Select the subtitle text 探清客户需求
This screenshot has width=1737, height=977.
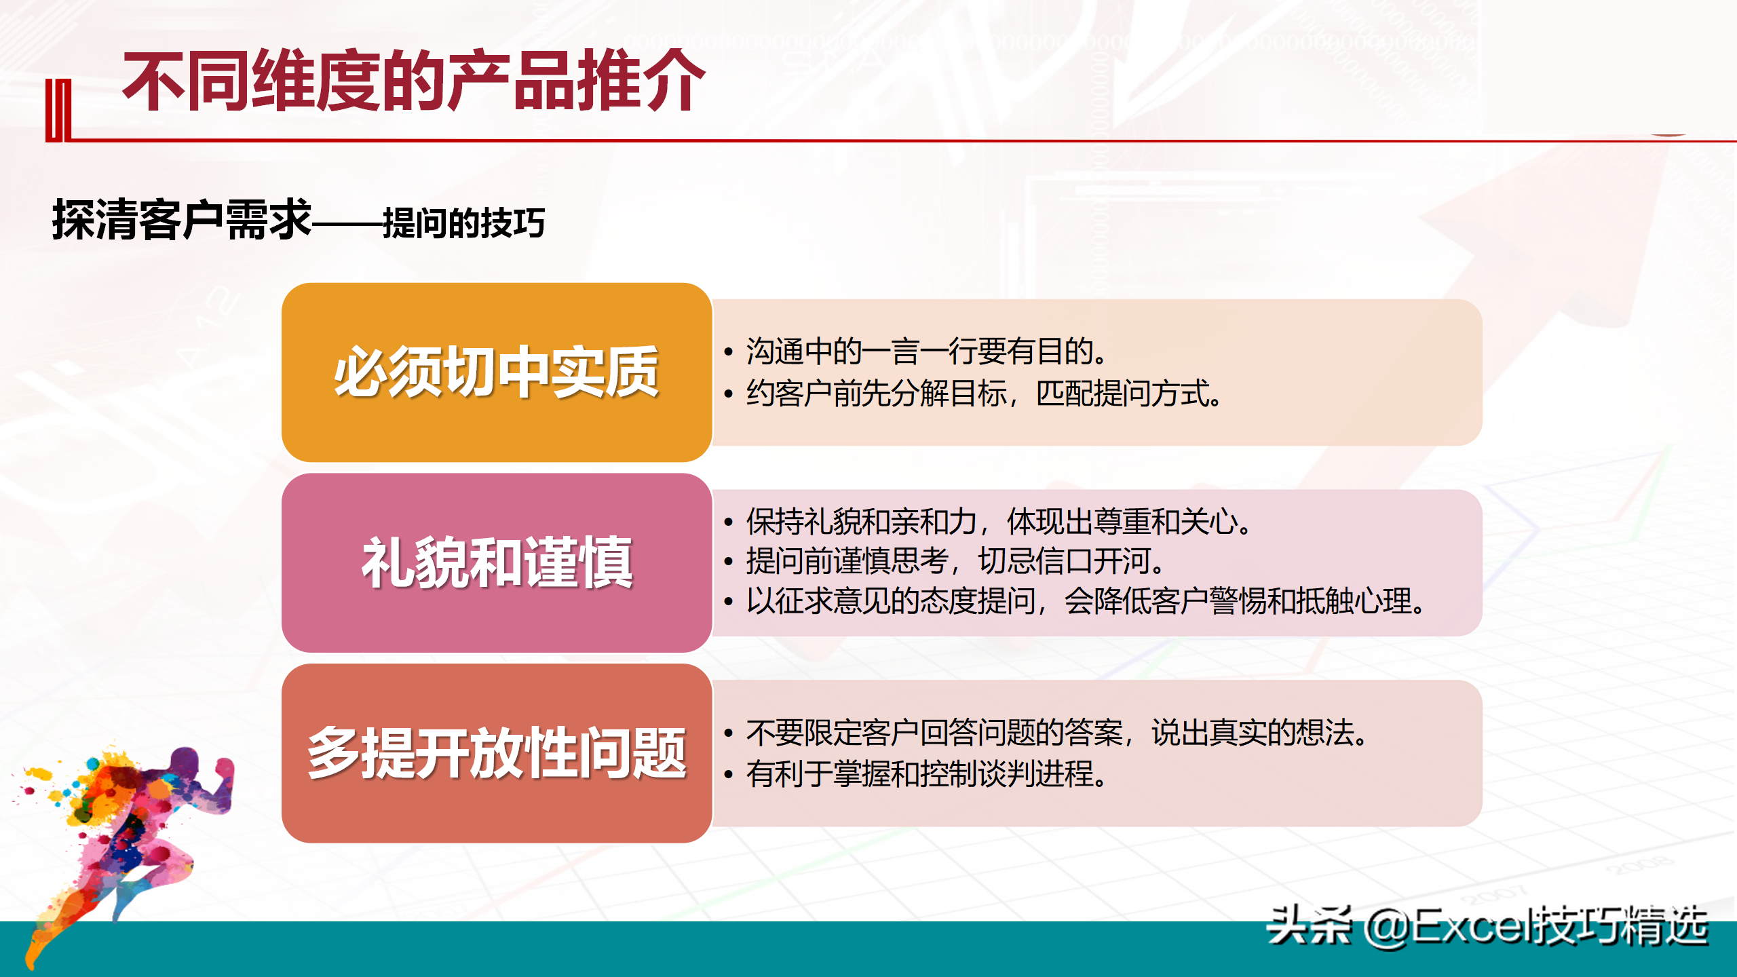[182, 220]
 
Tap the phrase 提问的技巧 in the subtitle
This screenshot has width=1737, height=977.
[464, 223]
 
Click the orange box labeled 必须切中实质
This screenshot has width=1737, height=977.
[497, 372]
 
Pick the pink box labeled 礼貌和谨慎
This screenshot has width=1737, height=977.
[497, 563]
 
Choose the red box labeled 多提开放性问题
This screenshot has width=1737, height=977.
[497, 753]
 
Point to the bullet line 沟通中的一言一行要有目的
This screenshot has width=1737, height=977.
[916, 351]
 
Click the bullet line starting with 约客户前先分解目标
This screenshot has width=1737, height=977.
[973, 394]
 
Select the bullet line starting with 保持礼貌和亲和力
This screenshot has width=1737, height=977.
[987, 522]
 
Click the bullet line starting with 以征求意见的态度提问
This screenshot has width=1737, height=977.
[1075, 601]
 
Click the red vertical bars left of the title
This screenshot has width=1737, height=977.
[58, 111]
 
